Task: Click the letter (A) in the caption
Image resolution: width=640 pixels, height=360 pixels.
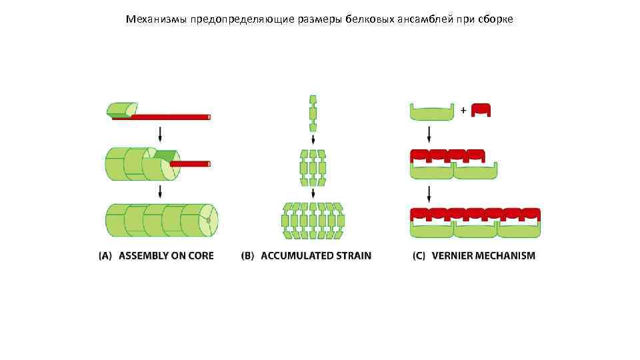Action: click(x=105, y=255)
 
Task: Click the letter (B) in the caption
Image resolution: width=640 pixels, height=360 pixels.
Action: click(x=248, y=255)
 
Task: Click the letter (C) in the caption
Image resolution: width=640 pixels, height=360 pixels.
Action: click(x=419, y=255)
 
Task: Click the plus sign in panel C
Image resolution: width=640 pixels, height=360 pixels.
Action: click(x=463, y=111)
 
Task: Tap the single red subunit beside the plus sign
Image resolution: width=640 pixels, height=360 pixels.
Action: click(x=481, y=111)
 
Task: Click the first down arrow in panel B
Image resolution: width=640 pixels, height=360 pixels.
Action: click(x=313, y=140)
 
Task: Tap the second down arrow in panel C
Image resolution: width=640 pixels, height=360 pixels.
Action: click(x=429, y=194)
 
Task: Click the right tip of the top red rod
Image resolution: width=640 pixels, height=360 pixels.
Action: click(x=209, y=117)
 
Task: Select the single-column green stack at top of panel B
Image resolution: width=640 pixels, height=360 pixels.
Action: click(x=313, y=113)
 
